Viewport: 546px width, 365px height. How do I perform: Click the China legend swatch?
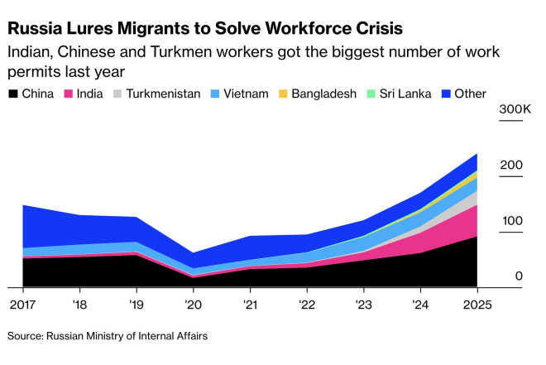pos(12,94)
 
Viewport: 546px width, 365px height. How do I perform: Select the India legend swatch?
pos(69,94)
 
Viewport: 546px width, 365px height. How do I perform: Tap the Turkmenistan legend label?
pos(164,94)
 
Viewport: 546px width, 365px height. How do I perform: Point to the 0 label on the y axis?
pos(519,276)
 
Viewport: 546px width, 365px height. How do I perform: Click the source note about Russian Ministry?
pos(108,336)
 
